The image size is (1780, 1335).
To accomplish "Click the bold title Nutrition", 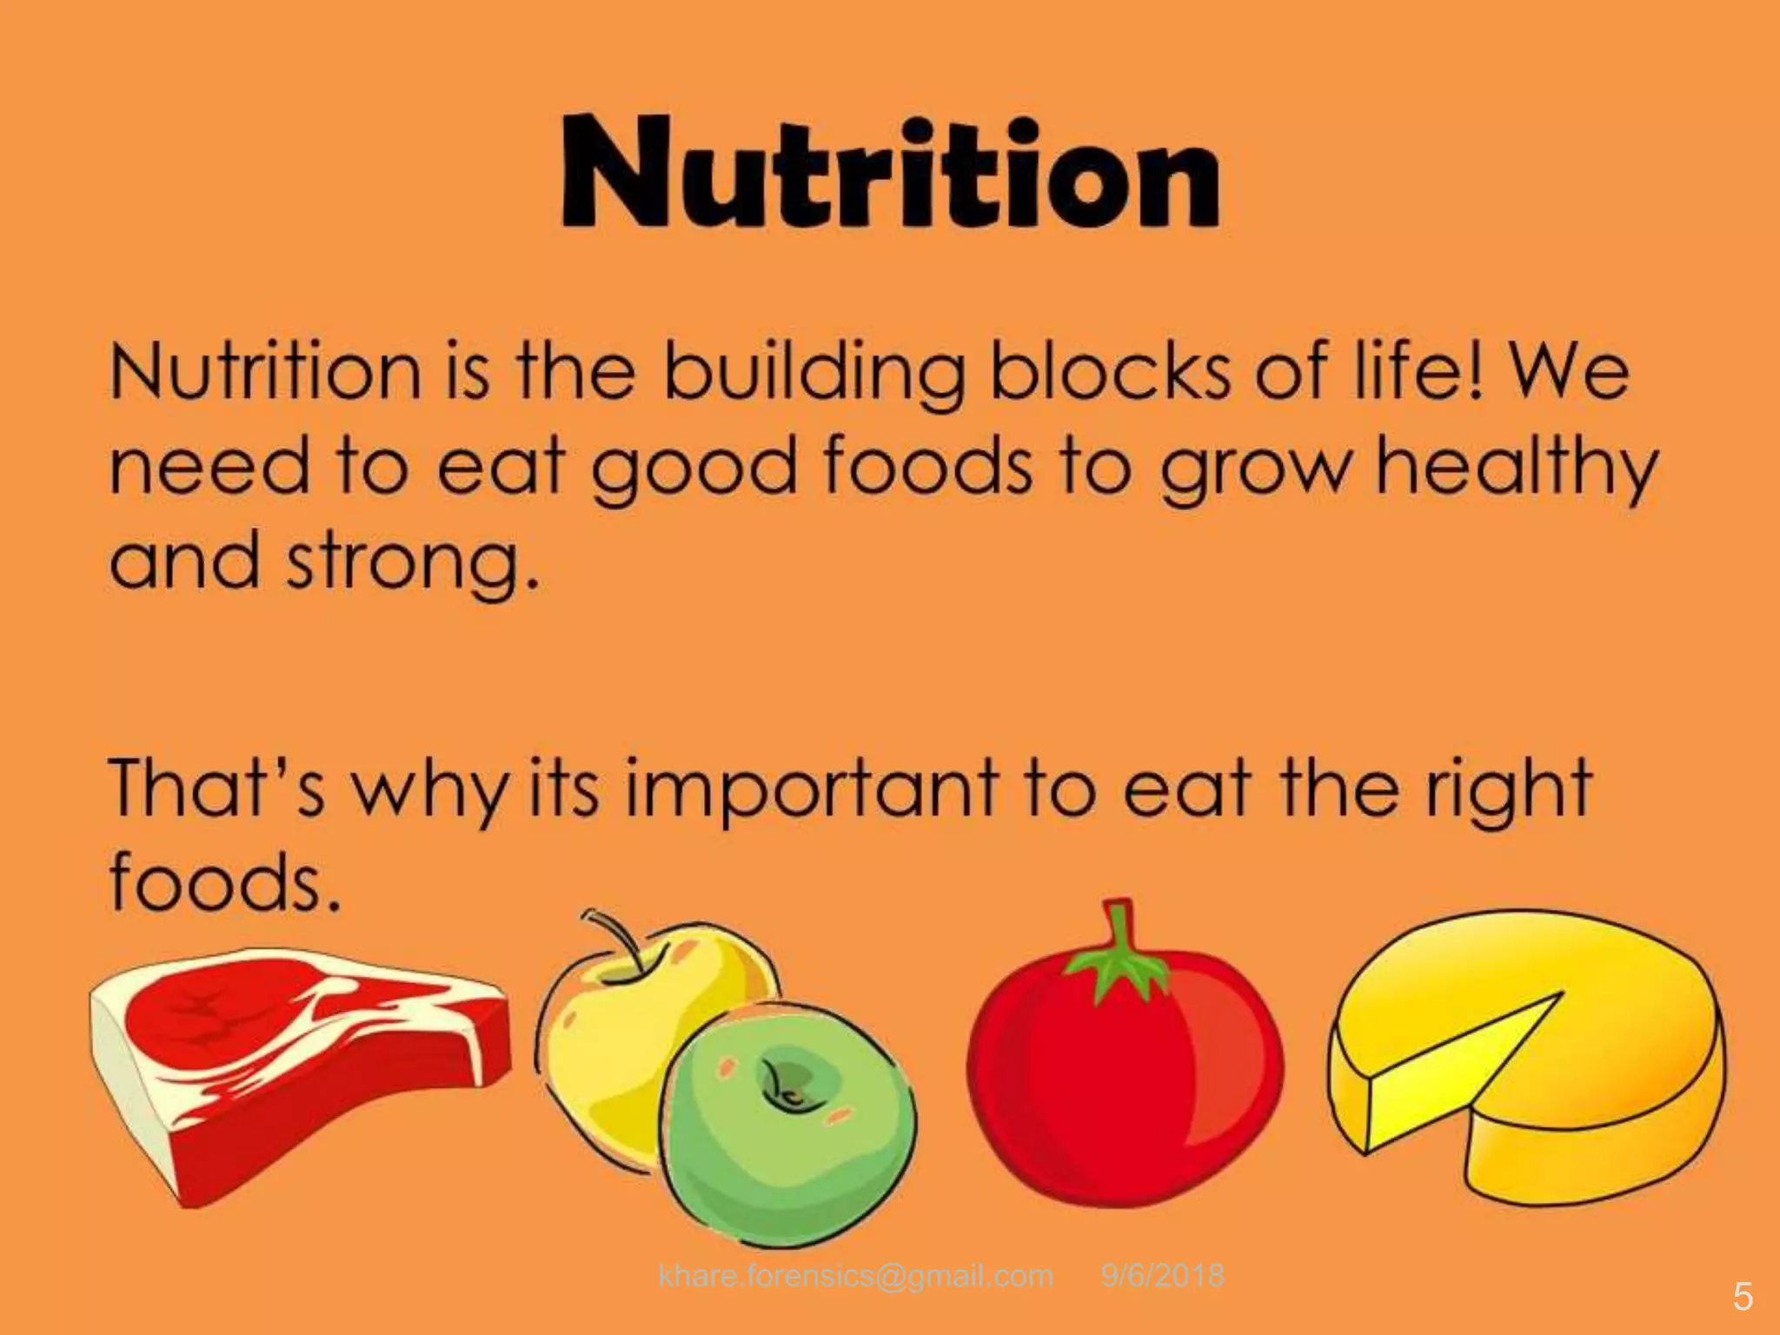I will click(x=890, y=174).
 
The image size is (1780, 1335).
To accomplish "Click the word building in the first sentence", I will click(x=814, y=371).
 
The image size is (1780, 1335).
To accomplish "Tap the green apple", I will click(x=791, y=1121).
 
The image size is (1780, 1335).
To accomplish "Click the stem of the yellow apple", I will click(x=622, y=939).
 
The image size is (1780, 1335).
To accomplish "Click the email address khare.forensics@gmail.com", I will click(x=856, y=1275).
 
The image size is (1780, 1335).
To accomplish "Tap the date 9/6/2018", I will click(x=1162, y=1275).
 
